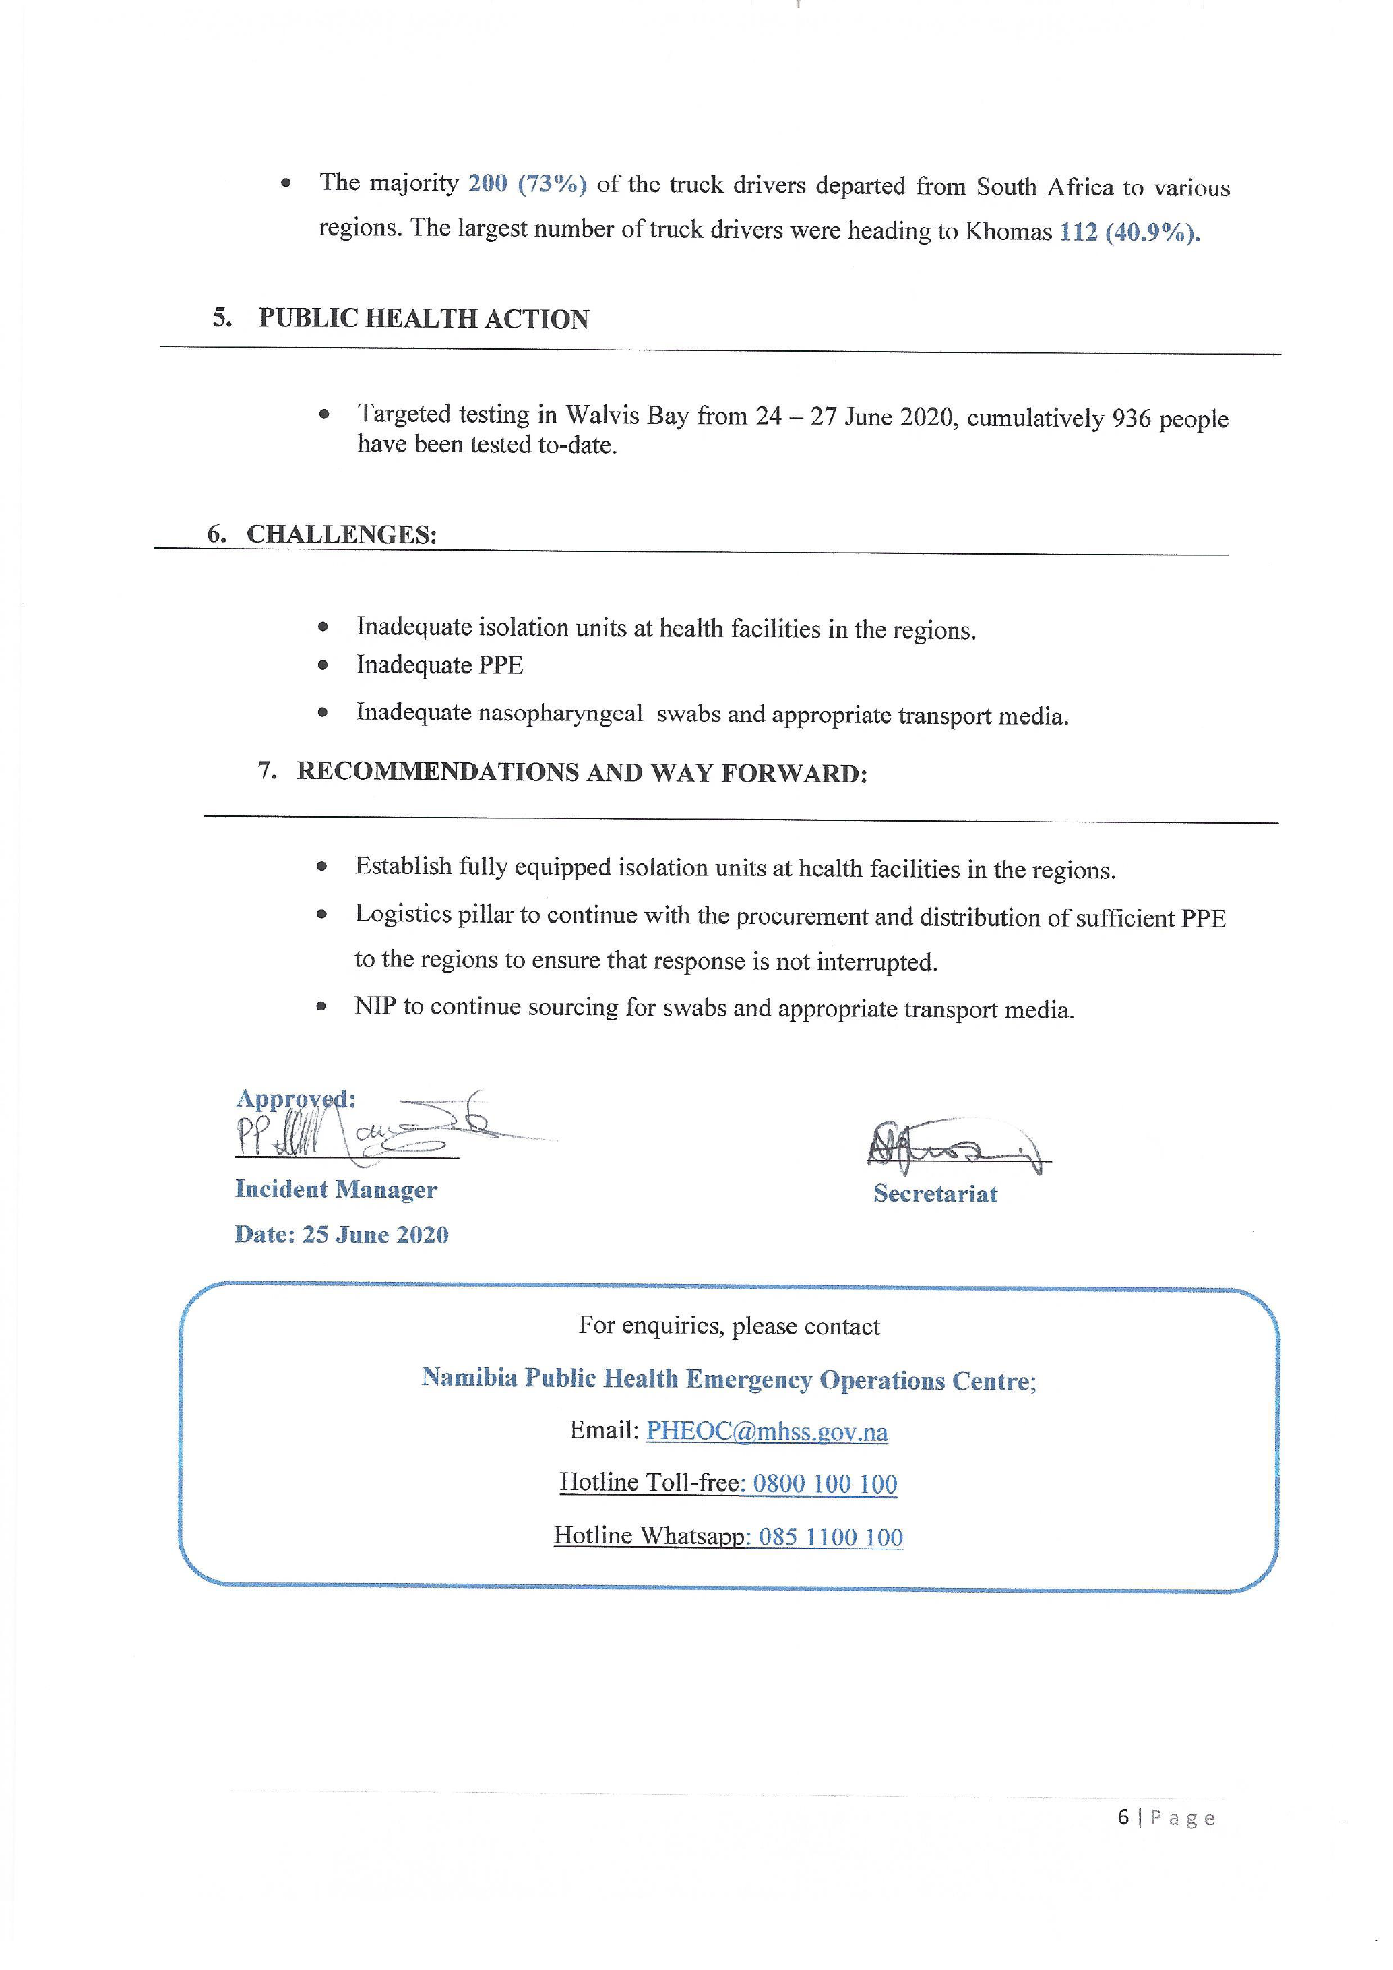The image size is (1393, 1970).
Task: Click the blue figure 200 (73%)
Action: click(526, 183)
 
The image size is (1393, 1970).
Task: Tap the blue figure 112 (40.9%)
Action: click(1129, 233)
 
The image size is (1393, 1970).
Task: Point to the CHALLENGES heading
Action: click(342, 534)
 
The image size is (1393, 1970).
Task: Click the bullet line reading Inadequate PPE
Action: click(439, 665)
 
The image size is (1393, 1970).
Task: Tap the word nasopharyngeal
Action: click(559, 713)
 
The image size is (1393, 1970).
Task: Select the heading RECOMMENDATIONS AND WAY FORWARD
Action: click(582, 772)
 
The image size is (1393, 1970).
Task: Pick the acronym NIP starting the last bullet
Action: click(375, 1006)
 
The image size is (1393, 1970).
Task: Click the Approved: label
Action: click(295, 1099)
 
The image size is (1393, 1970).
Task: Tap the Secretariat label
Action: click(935, 1194)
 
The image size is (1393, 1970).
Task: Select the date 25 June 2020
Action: click(375, 1235)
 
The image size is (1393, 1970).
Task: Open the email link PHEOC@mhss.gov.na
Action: click(767, 1432)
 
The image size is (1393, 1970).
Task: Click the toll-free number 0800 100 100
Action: click(824, 1483)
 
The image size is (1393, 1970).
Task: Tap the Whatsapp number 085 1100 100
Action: click(830, 1536)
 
